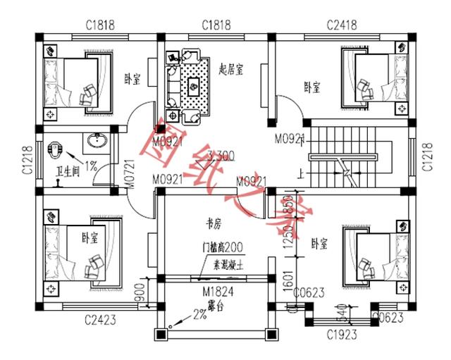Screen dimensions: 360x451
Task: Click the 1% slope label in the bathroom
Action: click(91, 166)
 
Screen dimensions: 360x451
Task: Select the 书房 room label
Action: click(214, 224)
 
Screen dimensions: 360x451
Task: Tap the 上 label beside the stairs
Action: click(302, 170)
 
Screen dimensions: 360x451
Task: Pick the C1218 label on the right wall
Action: click(426, 156)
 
